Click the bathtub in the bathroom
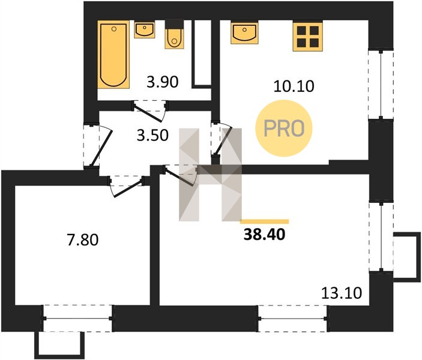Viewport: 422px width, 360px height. [113, 55]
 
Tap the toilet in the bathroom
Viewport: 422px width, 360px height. [175, 35]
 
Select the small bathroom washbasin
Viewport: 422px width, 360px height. [145, 30]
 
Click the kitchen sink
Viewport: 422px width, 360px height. [244, 33]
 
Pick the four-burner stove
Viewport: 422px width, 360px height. [307, 37]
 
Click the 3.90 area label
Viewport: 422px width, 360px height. [162, 82]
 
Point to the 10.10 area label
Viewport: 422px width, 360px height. [294, 86]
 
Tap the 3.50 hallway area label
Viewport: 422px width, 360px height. [152, 135]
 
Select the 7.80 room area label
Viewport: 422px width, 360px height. [83, 240]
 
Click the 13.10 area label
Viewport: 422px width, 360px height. [342, 293]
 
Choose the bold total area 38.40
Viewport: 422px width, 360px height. [264, 235]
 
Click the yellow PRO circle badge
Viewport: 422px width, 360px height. [284, 128]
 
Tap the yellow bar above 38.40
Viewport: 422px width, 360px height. [264, 221]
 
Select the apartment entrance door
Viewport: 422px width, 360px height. [97, 145]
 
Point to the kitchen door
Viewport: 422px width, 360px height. [222, 139]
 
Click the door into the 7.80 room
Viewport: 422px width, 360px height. [126, 186]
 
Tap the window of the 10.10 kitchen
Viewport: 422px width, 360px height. [381, 84]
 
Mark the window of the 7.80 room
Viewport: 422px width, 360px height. [78, 318]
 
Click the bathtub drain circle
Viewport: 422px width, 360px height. [114, 29]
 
